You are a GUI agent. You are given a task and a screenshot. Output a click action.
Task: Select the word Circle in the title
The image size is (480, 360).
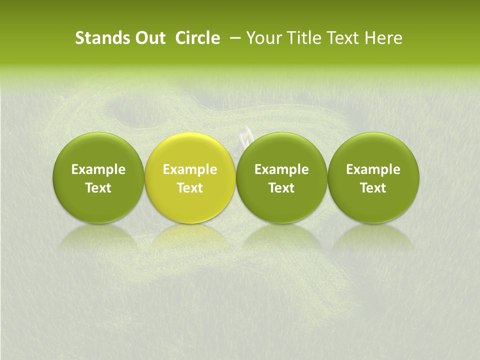[x=197, y=38]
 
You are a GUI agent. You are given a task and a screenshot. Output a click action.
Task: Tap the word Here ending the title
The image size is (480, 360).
[x=383, y=38]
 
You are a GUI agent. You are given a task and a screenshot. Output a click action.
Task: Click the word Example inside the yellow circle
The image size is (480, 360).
[x=190, y=169]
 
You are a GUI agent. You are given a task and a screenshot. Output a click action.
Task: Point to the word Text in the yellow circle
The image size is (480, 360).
[x=190, y=188]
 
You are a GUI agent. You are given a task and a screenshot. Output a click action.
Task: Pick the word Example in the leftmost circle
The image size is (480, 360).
[x=98, y=169]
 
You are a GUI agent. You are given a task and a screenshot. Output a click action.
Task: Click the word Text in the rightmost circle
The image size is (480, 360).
[x=373, y=188]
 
